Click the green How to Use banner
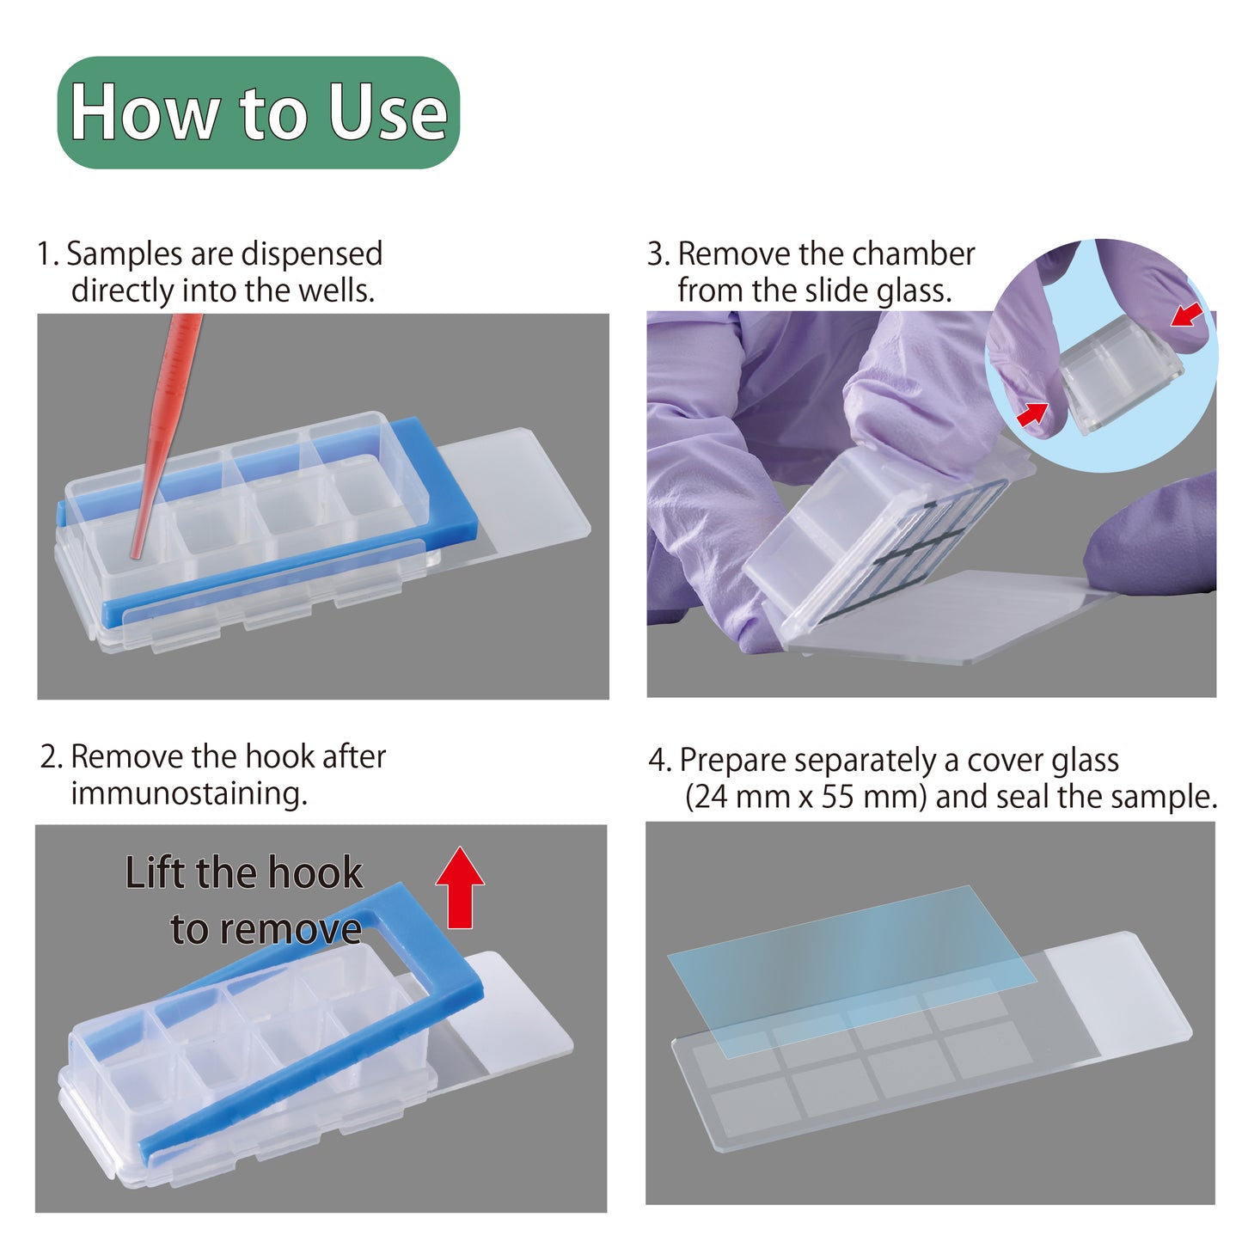[x=258, y=113]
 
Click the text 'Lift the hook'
[x=243, y=873]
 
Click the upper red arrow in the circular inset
[x=1187, y=315]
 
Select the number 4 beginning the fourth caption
[x=657, y=761]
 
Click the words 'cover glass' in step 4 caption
[x=1043, y=761]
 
